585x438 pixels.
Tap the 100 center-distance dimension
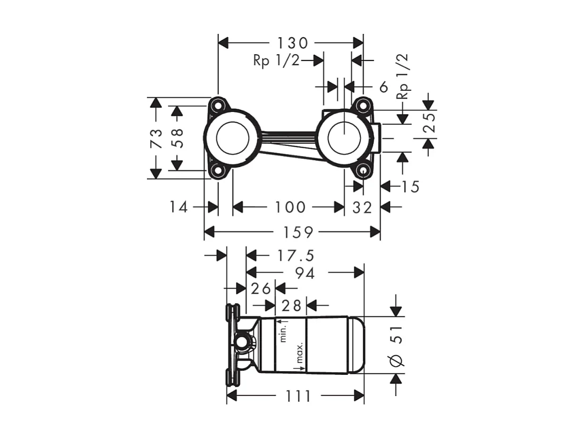pos(290,207)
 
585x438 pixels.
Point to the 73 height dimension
pos(156,139)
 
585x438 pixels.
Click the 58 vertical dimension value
pos(177,139)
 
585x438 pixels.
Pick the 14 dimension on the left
pos(179,207)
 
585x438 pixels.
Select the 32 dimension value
pos(362,207)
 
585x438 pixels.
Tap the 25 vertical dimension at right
pos(428,122)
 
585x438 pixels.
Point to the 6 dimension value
pos(384,87)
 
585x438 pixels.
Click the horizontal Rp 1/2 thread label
pos(276,61)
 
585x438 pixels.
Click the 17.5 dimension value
pos(295,256)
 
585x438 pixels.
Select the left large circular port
pos(231,138)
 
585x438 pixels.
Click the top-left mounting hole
pos(216,106)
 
